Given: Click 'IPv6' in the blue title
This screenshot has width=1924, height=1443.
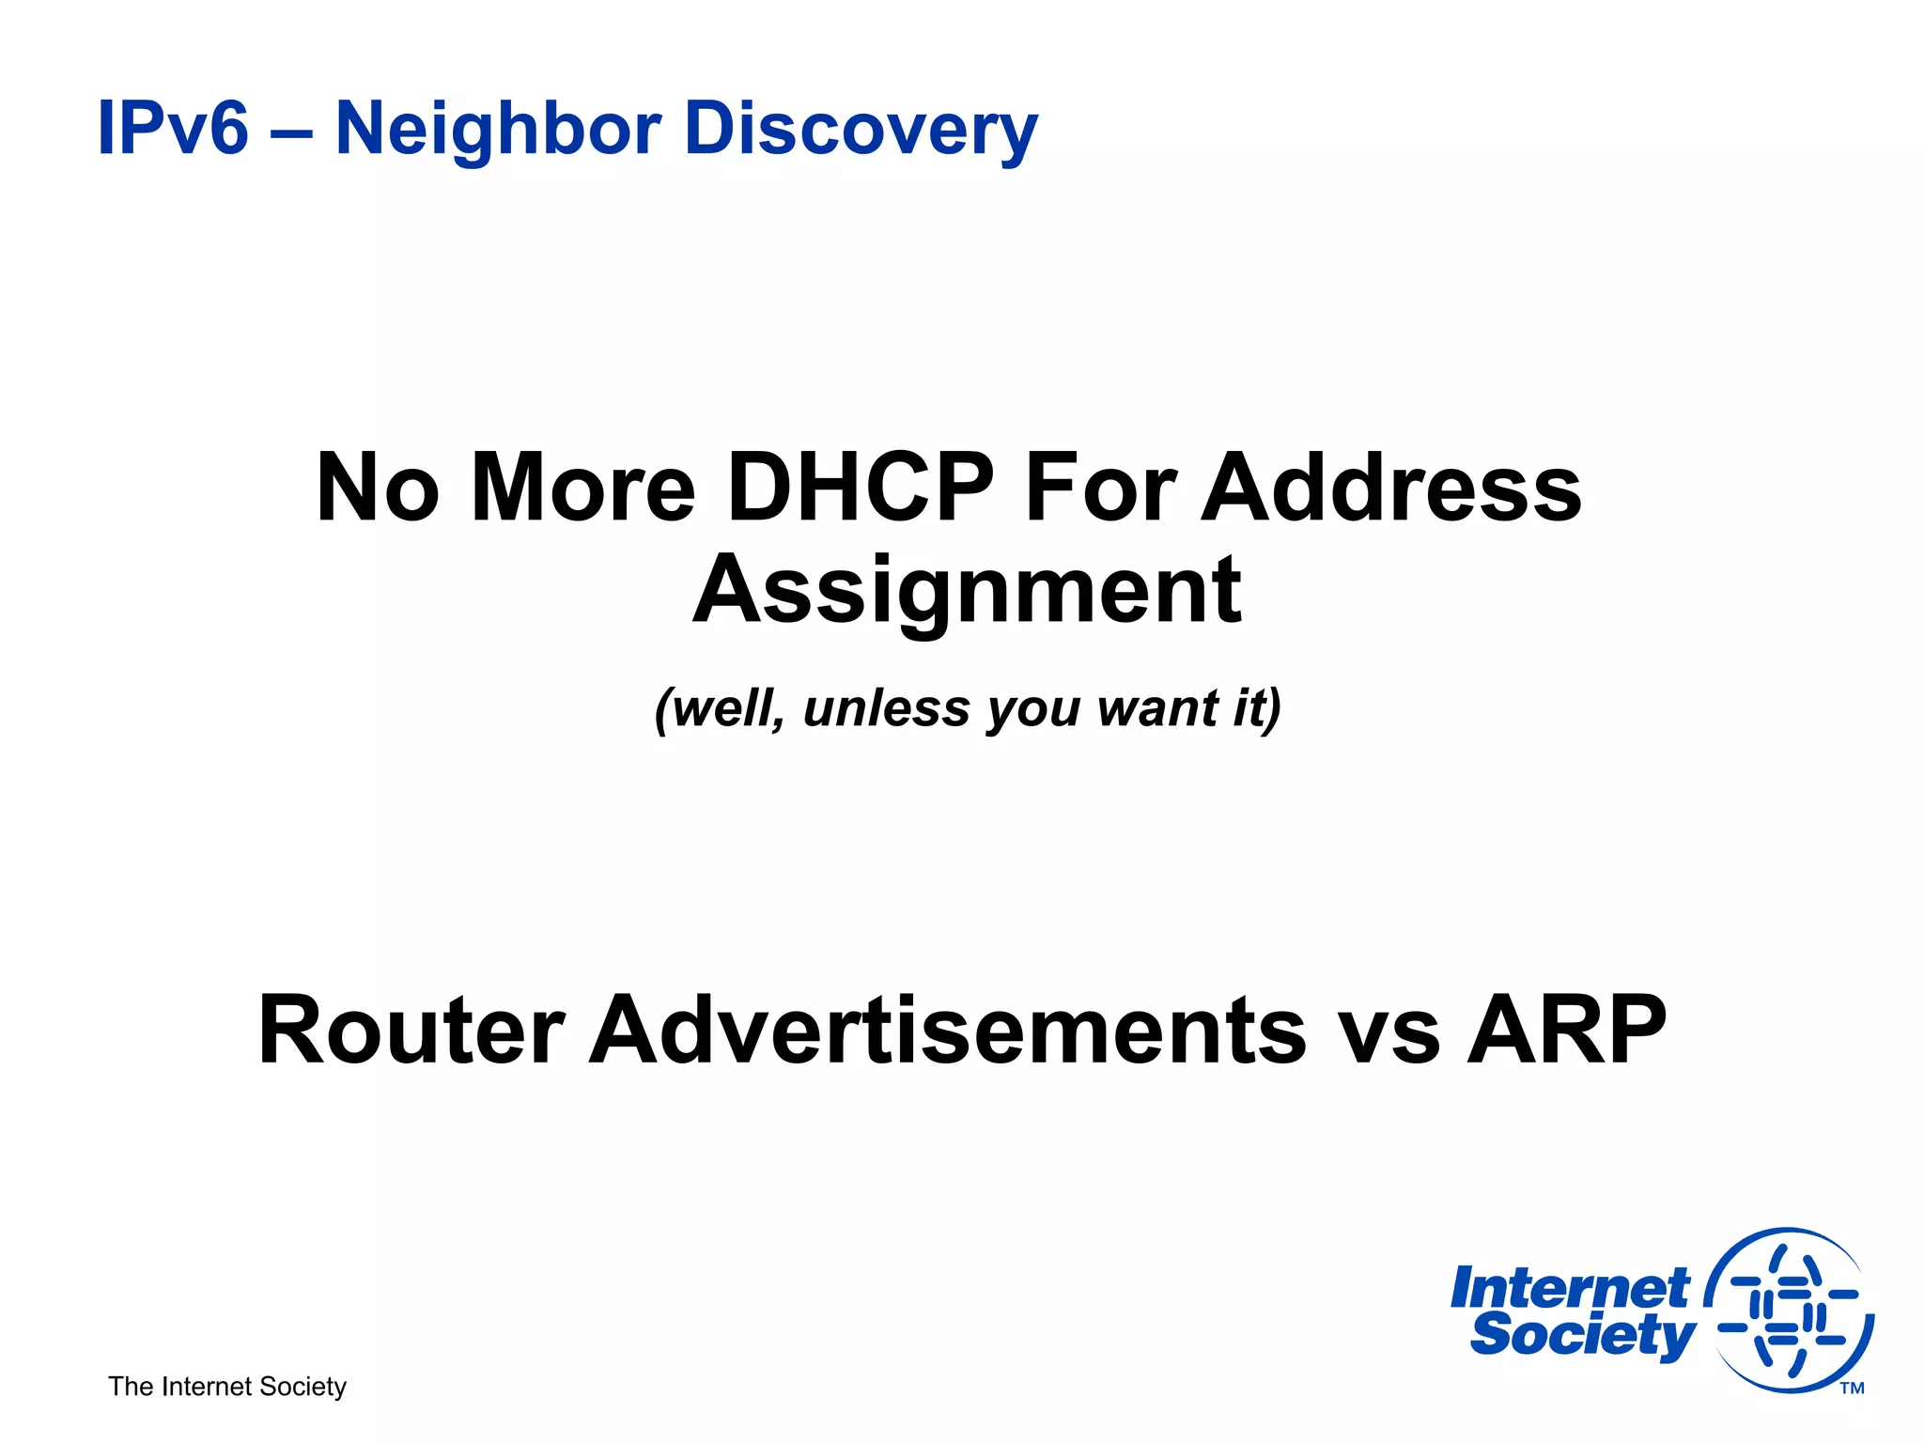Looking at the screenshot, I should pos(173,128).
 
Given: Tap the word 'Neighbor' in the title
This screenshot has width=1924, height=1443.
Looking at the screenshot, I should pos(499,128).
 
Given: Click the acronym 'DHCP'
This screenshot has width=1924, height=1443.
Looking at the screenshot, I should pos(860,489).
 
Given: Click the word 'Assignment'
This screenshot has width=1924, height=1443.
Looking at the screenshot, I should pos(968,590).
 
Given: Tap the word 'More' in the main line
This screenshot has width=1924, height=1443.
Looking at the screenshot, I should pos(582,489).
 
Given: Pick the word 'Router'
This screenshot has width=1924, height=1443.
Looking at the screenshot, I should pos(411,1031).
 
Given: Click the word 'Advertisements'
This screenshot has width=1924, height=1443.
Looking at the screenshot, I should pos(947,1031).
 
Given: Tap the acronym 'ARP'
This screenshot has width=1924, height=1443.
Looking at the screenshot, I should pos(1566,1031).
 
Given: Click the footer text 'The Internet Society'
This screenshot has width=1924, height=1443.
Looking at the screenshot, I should pos(227,1387).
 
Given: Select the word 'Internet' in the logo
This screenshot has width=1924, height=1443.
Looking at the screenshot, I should pos(1570,1288).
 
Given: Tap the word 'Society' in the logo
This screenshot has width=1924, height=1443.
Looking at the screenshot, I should pos(1582,1335).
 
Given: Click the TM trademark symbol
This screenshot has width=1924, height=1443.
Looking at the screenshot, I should pos(1852,1388).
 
